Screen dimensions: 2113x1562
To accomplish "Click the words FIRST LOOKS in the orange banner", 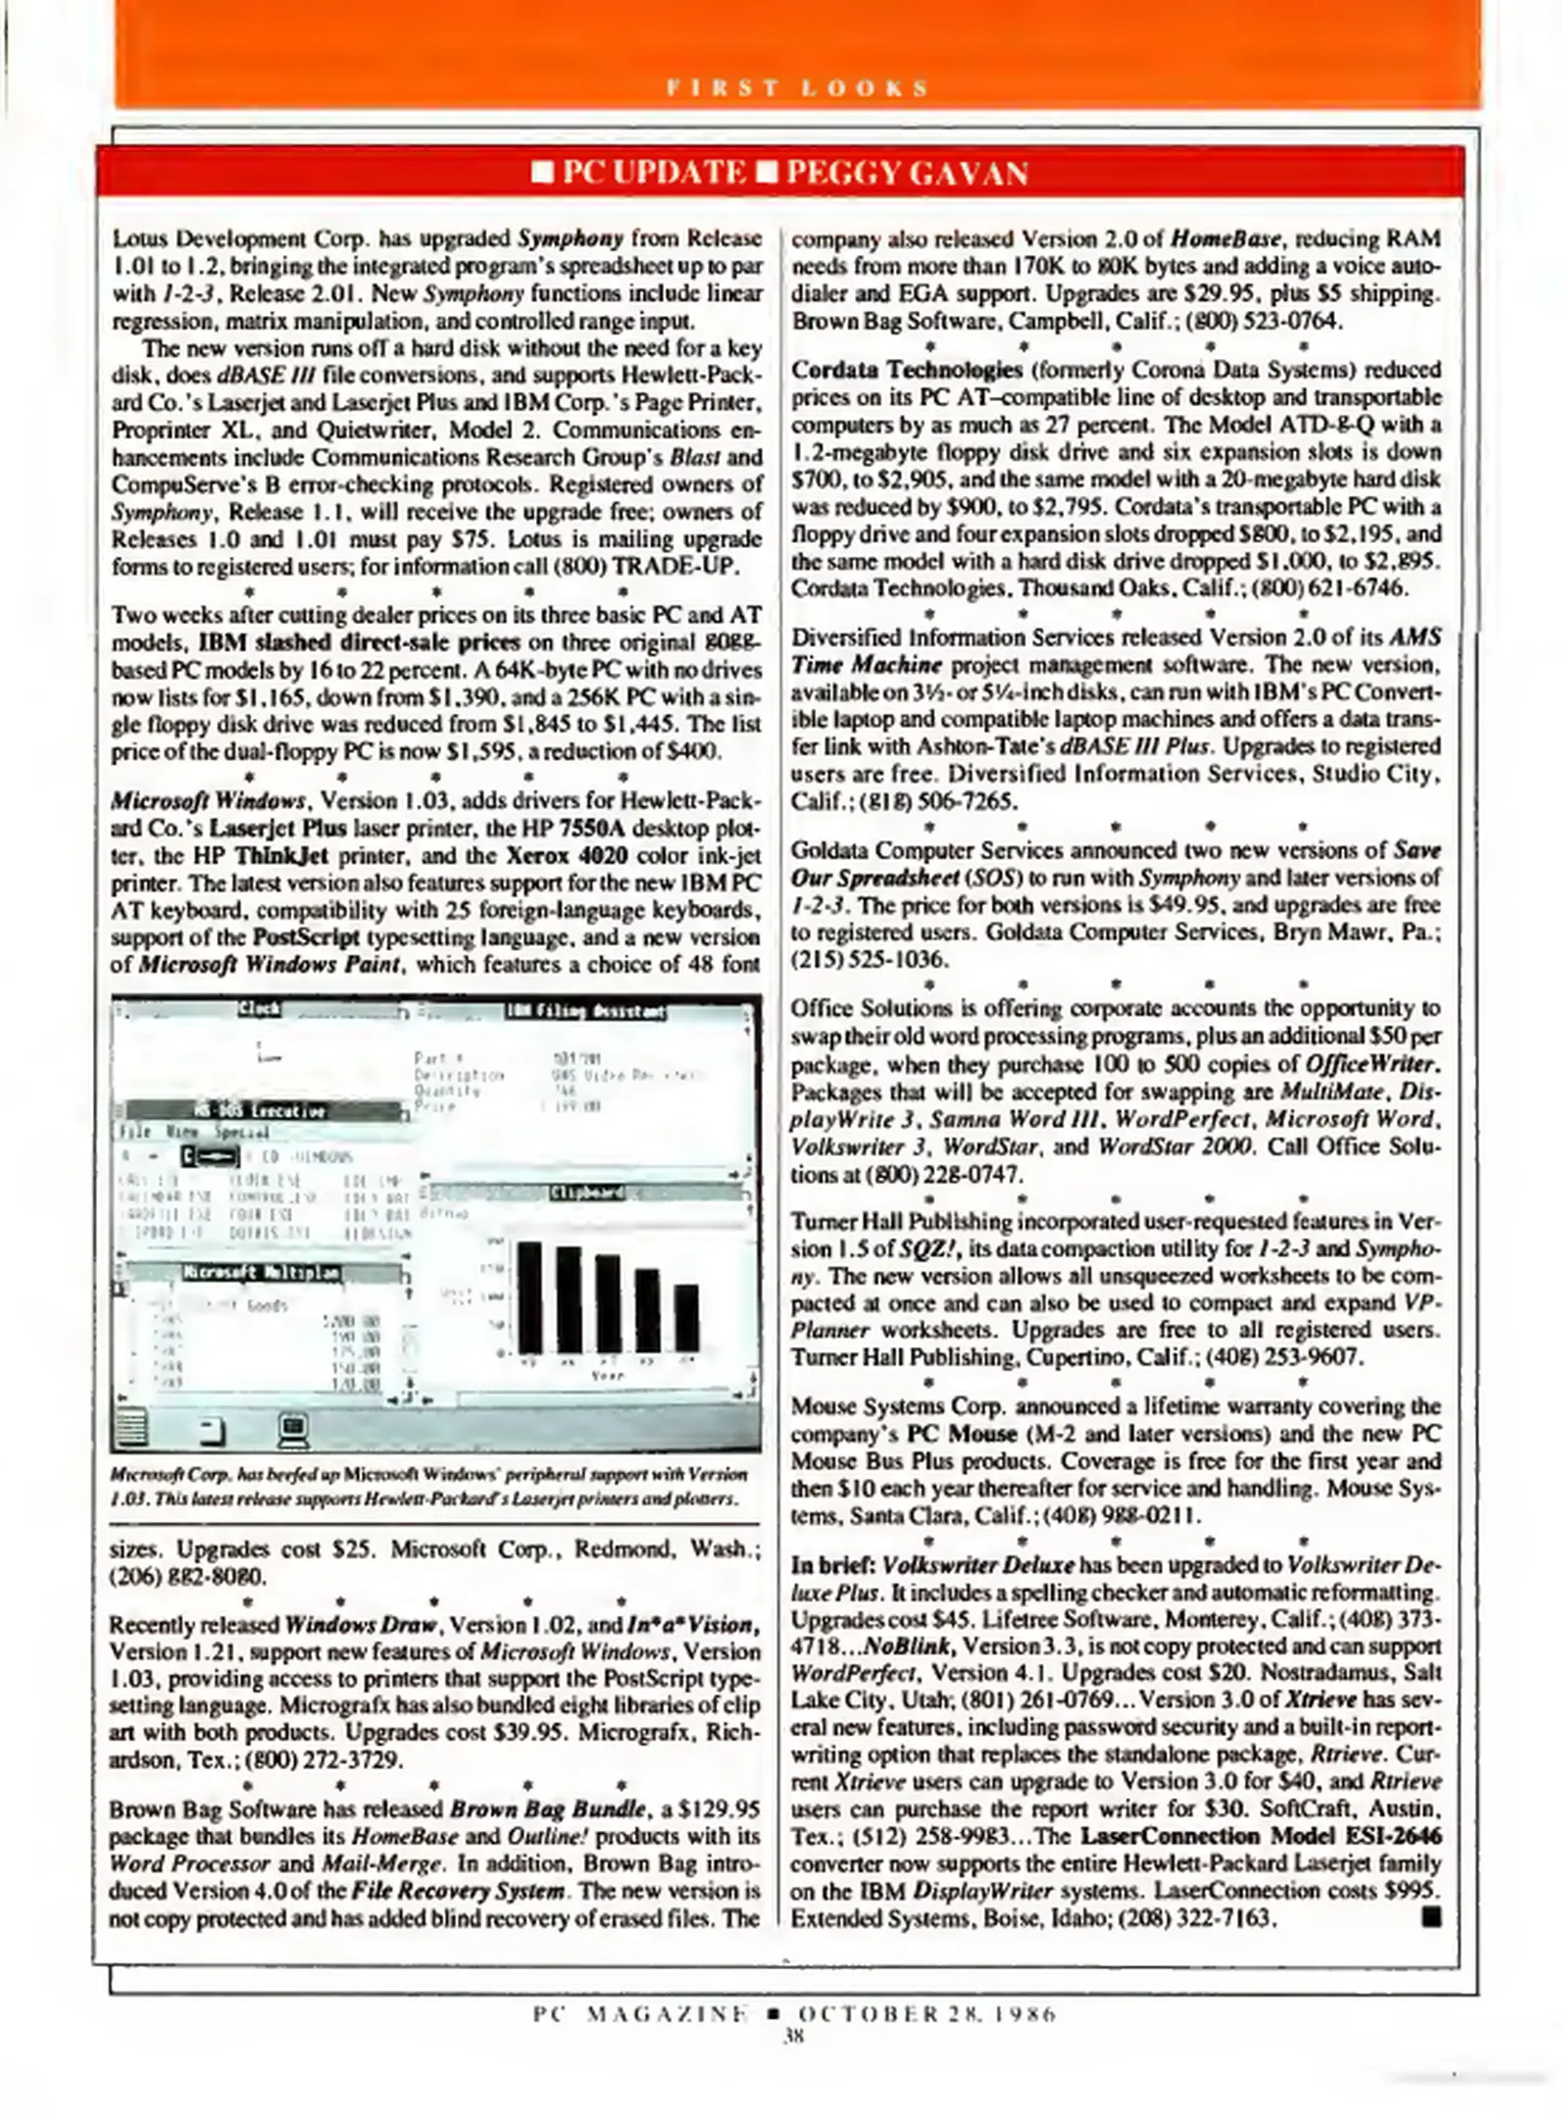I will tap(796, 88).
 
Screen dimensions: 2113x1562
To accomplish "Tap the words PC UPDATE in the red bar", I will tap(652, 174).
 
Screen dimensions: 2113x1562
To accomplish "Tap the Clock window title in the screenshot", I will tap(259, 1009).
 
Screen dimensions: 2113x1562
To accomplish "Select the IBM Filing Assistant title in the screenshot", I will tap(585, 1011).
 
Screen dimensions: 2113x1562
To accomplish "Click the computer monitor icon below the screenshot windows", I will tap(292, 1431).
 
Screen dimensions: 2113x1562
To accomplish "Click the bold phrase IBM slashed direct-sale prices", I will tap(359, 643).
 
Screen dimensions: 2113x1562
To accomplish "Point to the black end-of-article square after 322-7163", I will tap(1432, 1917).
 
